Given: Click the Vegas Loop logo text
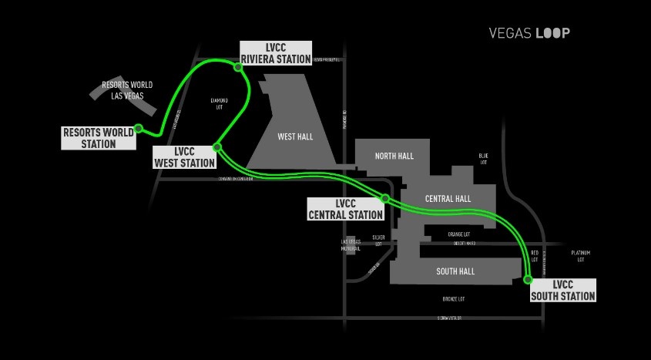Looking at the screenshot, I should coord(529,33).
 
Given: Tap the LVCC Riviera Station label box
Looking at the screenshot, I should coord(276,52).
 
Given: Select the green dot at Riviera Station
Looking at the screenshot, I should coord(239,67).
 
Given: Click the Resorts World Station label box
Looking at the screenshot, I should coord(99,138).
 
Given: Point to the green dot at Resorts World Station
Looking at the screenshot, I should coord(139,128).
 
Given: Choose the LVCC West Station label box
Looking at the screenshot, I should coord(184,156).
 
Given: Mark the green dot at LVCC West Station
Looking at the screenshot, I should coord(217,146).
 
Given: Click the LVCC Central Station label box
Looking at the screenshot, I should coord(345,209).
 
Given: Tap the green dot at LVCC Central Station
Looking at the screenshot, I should coord(385,198).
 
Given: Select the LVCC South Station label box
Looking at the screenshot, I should coord(563,290).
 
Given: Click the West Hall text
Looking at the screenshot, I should coord(295,136).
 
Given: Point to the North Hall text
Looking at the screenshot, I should coord(394,156).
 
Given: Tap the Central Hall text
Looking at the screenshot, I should coord(448,199).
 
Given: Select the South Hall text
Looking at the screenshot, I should coord(455,271).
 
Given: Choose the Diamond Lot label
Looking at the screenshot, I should coord(220,103).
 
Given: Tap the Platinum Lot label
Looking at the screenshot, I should coord(580,256).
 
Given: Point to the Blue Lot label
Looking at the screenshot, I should coord(484,159).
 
